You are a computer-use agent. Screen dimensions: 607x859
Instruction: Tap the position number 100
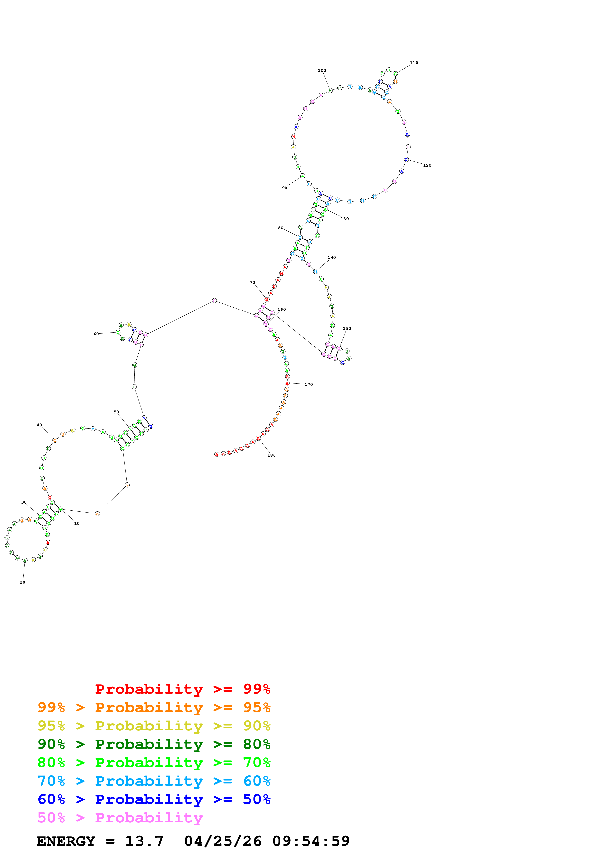pyautogui.click(x=322, y=70)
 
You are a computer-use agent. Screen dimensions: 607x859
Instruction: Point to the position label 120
pyautogui.click(x=427, y=165)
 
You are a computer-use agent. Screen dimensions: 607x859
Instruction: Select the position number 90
pyautogui.click(x=285, y=188)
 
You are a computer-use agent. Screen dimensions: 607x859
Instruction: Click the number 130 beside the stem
pyautogui.click(x=345, y=219)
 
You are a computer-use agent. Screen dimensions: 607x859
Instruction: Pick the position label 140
pyautogui.click(x=332, y=257)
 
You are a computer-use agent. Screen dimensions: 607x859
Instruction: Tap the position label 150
pyautogui.click(x=347, y=328)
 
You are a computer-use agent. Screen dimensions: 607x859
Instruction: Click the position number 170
pyautogui.click(x=309, y=385)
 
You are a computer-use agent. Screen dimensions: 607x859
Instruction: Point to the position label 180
pyautogui.click(x=272, y=455)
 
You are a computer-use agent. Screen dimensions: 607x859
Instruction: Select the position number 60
pyautogui.click(x=96, y=334)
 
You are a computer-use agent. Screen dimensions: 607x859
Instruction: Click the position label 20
pyautogui.click(x=23, y=582)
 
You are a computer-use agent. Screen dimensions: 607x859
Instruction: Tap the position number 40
pyautogui.click(x=39, y=425)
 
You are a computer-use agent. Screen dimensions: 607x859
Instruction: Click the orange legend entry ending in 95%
pyautogui.click(x=154, y=707)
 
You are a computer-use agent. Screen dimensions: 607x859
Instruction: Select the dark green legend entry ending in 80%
pyautogui.click(x=154, y=744)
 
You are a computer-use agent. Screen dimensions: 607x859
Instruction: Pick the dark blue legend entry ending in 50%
pyautogui.click(x=154, y=799)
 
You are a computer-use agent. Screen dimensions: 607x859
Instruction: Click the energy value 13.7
pyautogui.click(x=144, y=841)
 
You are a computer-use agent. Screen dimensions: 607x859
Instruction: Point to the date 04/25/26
pyautogui.click(x=223, y=841)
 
